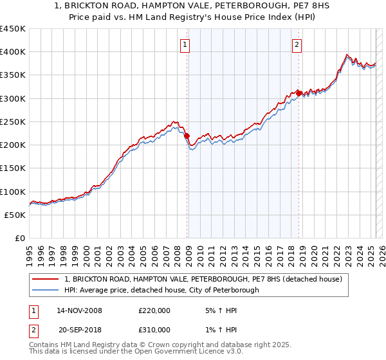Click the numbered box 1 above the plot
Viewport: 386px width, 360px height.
pyautogui.click(x=185, y=45)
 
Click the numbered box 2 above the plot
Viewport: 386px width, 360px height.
pyautogui.click(x=297, y=45)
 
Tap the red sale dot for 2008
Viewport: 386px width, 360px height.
pyautogui.click(x=187, y=136)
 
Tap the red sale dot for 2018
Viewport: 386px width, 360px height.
pyautogui.click(x=299, y=93)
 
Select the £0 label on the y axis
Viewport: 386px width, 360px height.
pyautogui.click(x=21, y=239)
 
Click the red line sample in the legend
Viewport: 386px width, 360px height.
pyautogui.click(x=46, y=279)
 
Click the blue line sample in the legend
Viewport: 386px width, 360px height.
pyautogui.click(x=46, y=290)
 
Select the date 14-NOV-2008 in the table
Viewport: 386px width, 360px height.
pyautogui.click(x=79, y=310)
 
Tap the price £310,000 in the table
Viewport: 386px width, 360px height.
pyautogui.click(x=154, y=329)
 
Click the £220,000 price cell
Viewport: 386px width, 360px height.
pyautogui.click(x=154, y=310)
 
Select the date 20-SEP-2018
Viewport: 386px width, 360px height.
pyautogui.click(x=79, y=329)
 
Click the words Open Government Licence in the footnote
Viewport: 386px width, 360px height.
pyautogui.click(x=173, y=353)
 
